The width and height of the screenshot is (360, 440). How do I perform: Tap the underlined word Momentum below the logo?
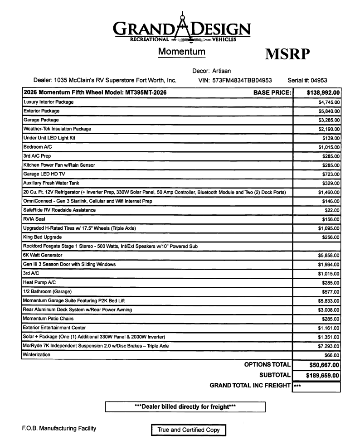[x=181, y=52]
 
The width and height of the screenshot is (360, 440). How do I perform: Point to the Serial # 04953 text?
[x=307, y=80]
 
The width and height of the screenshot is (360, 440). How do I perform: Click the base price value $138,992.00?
[x=317, y=93]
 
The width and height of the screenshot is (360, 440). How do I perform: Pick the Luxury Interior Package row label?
[x=49, y=102]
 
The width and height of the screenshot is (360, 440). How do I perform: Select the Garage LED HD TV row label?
[x=46, y=174]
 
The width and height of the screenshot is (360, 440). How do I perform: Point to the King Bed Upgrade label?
[x=42, y=237]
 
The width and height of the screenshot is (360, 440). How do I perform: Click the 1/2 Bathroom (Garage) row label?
[x=47, y=291]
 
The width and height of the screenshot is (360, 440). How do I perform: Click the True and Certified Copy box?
[x=188, y=430]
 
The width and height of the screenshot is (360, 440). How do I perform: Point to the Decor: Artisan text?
[x=212, y=71]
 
